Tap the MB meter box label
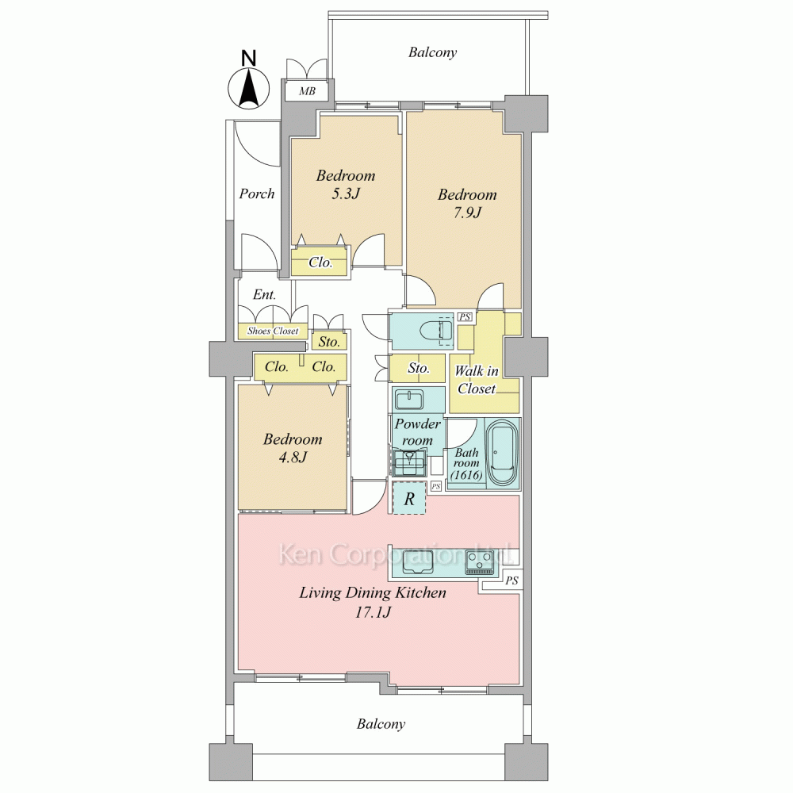307,91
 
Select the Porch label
257,193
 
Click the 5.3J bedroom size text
346,193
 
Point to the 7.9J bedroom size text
467,213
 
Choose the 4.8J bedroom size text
293,458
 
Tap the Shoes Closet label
273,331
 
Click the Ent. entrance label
265,294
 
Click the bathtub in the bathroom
502,452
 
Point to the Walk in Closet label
477,380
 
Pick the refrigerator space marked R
409,499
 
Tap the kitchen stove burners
479,562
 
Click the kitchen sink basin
417,568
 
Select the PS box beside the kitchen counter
511,580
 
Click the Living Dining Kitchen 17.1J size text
373,613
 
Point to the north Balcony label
432,52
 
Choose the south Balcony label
381,724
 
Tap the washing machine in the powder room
410,462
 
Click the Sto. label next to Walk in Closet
419,368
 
